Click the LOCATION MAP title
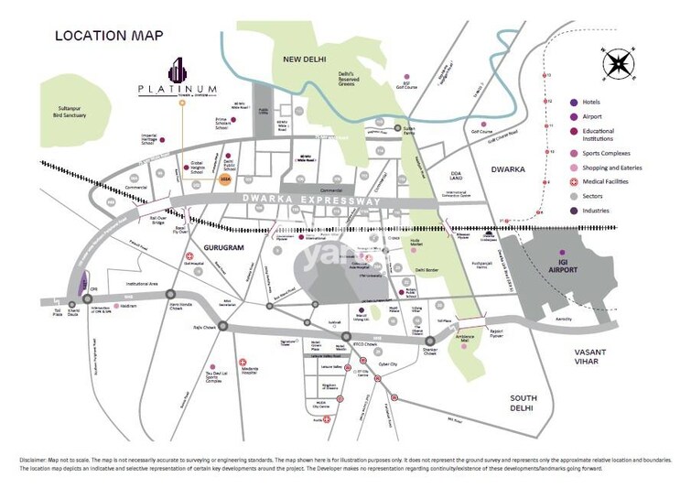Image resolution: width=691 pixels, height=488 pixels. [x=109, y=36]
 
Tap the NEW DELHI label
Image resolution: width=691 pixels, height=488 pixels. [x=306, y=59]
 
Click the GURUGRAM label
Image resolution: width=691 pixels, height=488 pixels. [x=228, y=247]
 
